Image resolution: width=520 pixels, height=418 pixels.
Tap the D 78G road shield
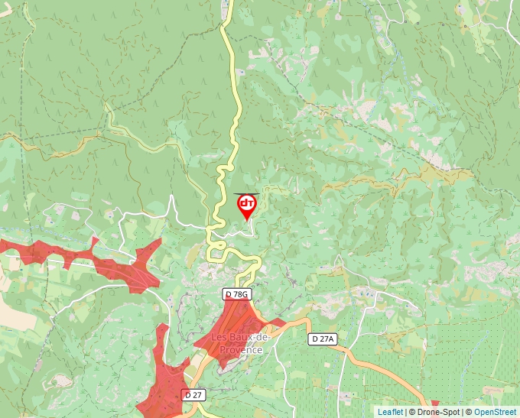tap(237, 294)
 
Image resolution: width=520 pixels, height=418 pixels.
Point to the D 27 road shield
tap(193, 395)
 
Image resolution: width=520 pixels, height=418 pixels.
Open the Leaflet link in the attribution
tap(390, 412)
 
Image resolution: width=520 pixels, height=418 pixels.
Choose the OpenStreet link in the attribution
tap(495, 412)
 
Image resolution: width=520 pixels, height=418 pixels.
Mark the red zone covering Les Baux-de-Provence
tap(233, 325)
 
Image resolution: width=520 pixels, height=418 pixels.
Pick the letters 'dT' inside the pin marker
tap(247, 203)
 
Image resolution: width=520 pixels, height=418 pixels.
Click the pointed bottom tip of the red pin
tap(247, 220)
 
